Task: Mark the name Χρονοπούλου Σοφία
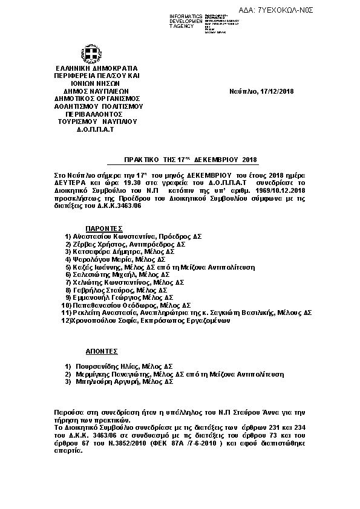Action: tap(105, 321)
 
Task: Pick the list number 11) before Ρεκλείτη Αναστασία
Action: tap(66, 313)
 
